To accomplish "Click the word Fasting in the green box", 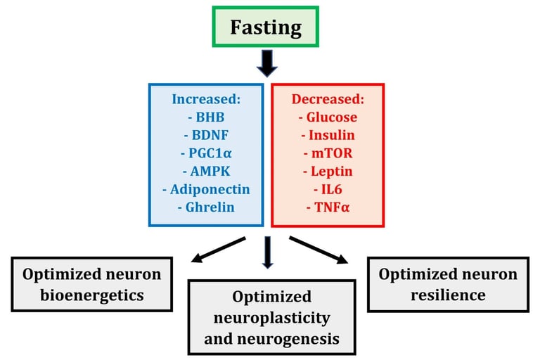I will coord(266,28).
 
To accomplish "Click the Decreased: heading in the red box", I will coord(328,98).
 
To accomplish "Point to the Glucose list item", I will coord(328,117).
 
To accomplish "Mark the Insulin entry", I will coord(328,135).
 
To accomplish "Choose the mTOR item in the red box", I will coord(328,153).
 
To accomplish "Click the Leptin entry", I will coord(328,172).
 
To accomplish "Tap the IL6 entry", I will coord(328,190).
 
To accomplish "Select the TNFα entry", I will coord(328,208).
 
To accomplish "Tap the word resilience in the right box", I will coord(447,295).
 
